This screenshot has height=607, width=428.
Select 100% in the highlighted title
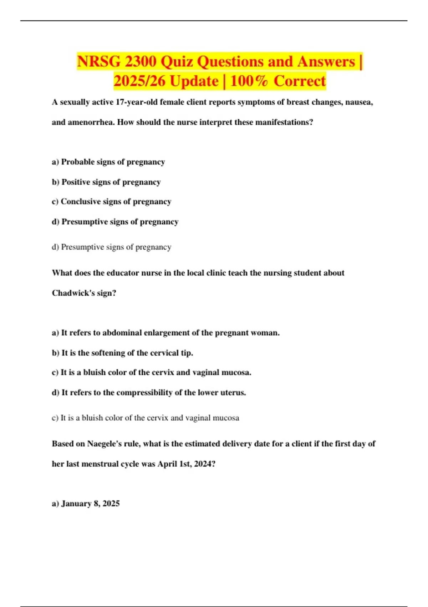click(x=249, y=81)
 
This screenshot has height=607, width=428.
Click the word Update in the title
click(x=194, y=81)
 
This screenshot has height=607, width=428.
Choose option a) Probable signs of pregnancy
click(x=108, y=162)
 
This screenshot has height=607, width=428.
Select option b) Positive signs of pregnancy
click(x=106, y=182)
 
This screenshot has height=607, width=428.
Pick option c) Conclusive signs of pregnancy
click(x=112, y=202)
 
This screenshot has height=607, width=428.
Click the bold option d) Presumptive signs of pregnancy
click(x=115, y=222)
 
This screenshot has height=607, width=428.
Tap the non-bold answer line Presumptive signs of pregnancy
click(x=112, y=247)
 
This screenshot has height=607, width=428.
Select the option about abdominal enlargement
click(x=166, y=333)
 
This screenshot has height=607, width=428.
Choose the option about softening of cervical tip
click(x=122, y=353)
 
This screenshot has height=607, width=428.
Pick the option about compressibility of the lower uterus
click(x=149, y=393)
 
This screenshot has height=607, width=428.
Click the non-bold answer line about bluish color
click(x=146, y=418)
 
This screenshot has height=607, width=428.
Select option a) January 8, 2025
click(x=86, y=503)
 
